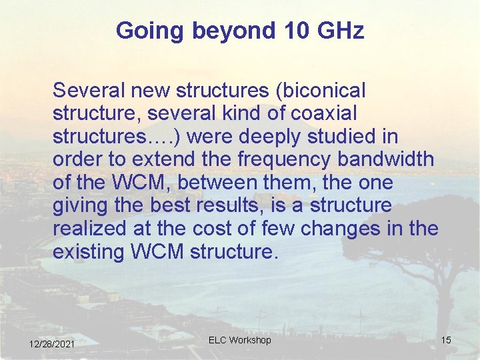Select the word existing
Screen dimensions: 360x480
(x=86, y=253)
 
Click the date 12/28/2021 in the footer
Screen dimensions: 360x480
(x=52, y=343)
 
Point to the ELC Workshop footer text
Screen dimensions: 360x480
(x=239, y=340)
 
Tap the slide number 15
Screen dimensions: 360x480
(x=446, y=340)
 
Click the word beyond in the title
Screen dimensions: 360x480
(x=223, y=31)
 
